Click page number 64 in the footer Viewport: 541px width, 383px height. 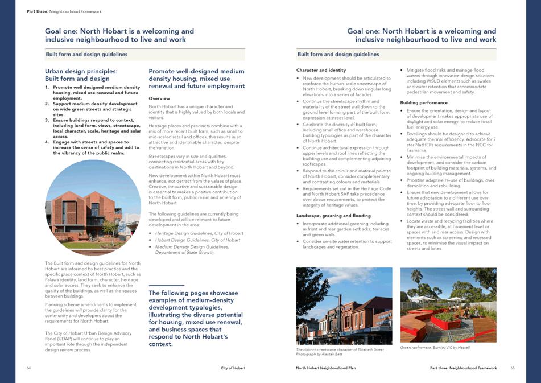[28, 368]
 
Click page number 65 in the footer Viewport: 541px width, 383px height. [512, 368]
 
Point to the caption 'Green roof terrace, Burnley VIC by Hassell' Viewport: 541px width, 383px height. [435, 347]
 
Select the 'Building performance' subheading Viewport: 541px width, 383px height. [423, 102]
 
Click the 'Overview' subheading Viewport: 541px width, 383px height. [159, 98]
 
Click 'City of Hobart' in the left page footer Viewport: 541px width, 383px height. [233, 368]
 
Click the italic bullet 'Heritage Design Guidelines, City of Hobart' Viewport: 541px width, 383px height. [191, 234]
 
